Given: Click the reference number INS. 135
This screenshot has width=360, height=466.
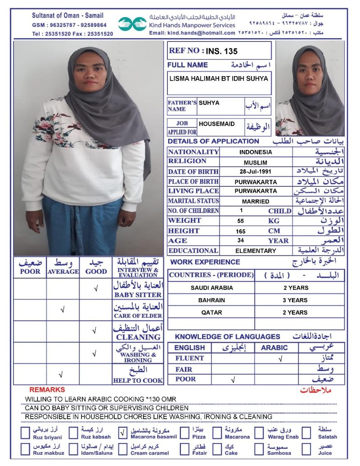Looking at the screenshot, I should tap(222, 51).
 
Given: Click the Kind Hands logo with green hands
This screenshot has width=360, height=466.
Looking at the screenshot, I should tap(133, 24).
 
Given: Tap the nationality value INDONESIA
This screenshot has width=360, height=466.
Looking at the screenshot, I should tap(256, 152).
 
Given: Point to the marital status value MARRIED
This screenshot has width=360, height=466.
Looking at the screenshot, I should tap(256, 202).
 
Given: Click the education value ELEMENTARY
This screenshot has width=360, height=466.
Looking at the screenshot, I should tap(256, 251).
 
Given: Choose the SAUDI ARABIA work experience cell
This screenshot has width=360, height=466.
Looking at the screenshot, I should tap(211, 288).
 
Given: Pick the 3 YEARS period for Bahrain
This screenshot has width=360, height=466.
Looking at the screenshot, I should tap(295, 300).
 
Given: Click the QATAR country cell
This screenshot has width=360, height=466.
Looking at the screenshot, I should tap(211, 312).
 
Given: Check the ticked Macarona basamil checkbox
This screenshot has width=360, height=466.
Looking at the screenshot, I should tap(123, 433).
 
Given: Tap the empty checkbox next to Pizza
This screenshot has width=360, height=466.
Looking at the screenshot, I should tap(184, 433).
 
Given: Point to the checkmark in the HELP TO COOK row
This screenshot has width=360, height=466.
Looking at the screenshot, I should tap(61, 375).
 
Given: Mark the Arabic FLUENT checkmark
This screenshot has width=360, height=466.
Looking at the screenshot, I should tap(280, 359).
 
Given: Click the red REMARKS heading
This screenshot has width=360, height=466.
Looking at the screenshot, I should tap(47, 390).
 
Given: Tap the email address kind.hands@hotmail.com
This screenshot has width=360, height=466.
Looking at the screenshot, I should tap(192, 33).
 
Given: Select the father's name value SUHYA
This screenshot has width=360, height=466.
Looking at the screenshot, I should tap(209, 103).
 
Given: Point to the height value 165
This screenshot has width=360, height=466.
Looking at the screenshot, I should tap(241, 231).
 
